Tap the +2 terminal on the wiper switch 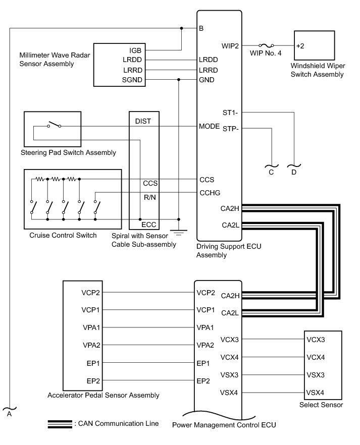point(300,45)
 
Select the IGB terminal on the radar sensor point(135,50)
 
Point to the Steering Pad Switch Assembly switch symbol point(55,125)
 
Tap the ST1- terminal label point(231,112)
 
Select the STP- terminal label point(231,128)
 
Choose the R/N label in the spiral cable point(149,197)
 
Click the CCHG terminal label point(210,192)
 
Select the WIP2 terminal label point(230,45)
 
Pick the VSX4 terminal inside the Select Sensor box point(315,392)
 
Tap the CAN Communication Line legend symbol point(60,424)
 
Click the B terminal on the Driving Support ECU point(201,28)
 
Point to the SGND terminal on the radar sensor point(132,80)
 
